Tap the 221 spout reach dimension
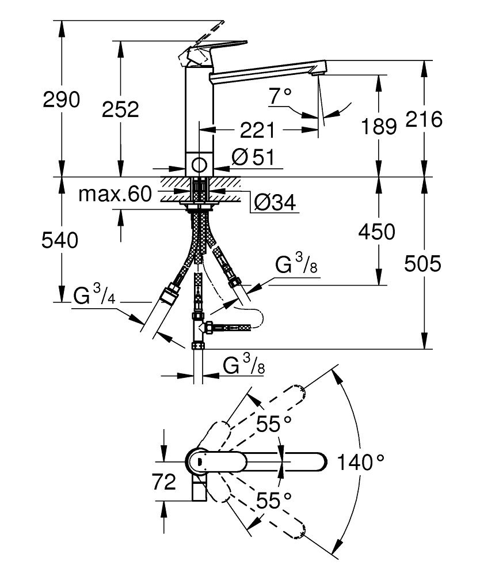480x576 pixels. click(256, 131)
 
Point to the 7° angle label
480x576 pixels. click(280, 96)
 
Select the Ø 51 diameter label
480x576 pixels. click(254, 157)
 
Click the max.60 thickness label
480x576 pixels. click(115, 194)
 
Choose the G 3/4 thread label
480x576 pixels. click(96, 297)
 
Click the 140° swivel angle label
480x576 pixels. click(360, 461)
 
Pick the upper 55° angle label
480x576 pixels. click(273, 425)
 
